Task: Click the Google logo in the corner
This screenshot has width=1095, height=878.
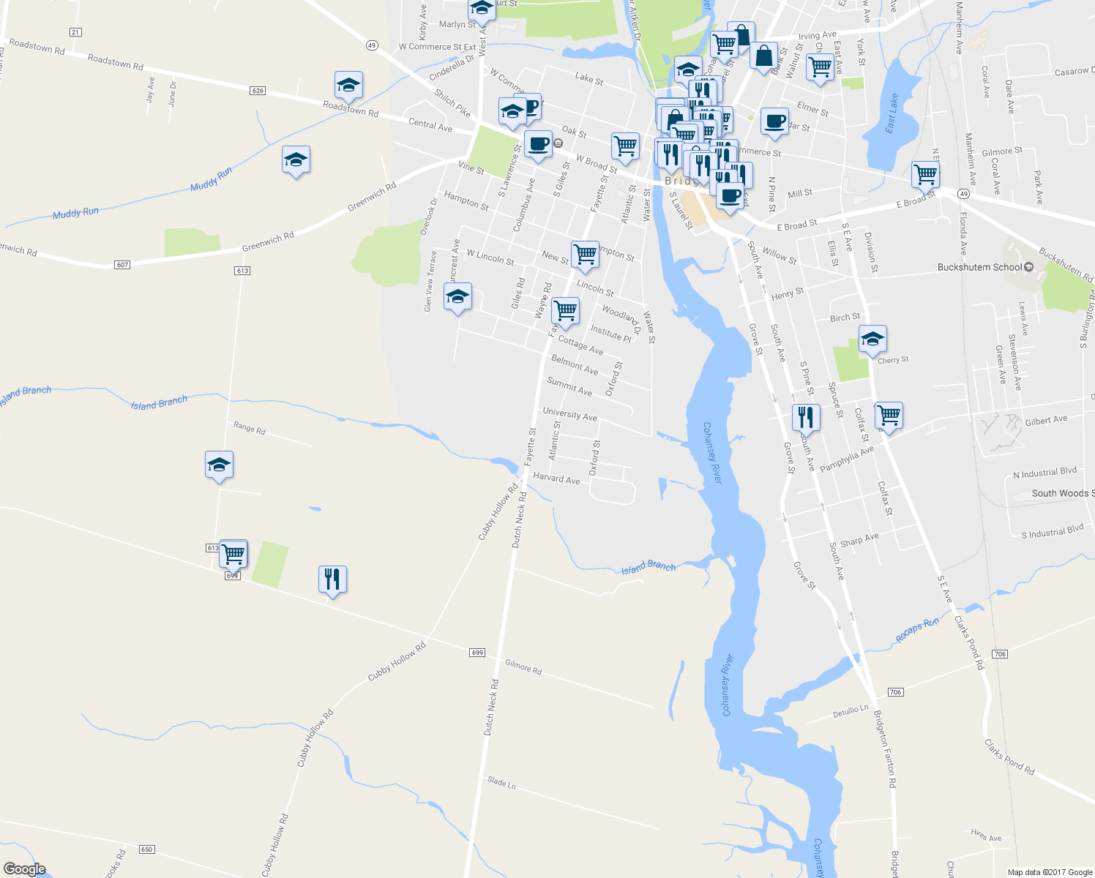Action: [x=25, y=868]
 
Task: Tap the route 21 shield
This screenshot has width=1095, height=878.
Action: [x=75, y=32]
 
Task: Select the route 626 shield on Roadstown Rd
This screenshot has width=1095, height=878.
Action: [x=257, y=91]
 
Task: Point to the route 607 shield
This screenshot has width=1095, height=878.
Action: [x=122, y=264]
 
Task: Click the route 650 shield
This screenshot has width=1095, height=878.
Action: [x=146, y=849]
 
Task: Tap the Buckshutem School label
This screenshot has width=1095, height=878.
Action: [x=979, y=267]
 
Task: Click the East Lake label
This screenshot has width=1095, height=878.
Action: [x=891, y=113]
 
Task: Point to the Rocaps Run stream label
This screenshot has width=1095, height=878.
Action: [x=917, y=631]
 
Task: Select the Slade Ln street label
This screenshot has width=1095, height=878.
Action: [x=501, y=783]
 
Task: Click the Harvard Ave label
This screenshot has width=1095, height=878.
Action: [x=556, y=479]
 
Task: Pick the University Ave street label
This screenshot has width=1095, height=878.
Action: [x=569, y=414]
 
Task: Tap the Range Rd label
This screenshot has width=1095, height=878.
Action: [x=249, y=427]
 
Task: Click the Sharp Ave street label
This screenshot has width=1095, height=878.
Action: [x=859, y=540]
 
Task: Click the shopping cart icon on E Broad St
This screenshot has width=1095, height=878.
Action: [x=925, y=175]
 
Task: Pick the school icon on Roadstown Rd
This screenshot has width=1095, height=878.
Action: [x=348, y=86]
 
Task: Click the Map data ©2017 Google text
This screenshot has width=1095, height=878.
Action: [x=1050, y=872]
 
